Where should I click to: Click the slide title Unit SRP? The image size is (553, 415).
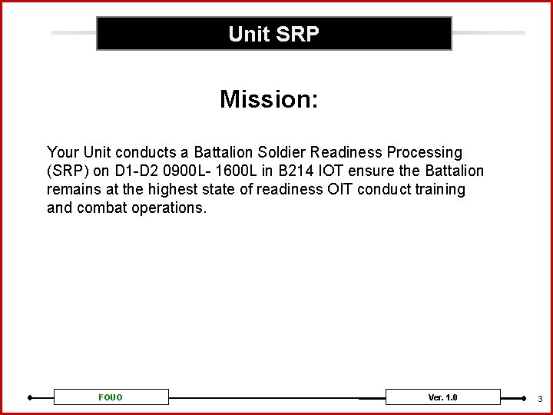click(273, 35)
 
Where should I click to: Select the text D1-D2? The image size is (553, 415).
click(134, 171)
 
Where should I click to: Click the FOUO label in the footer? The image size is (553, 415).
click(111, 397)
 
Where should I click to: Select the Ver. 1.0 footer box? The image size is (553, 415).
click(442, 397)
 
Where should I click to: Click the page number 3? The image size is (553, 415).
click(540, 399)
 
